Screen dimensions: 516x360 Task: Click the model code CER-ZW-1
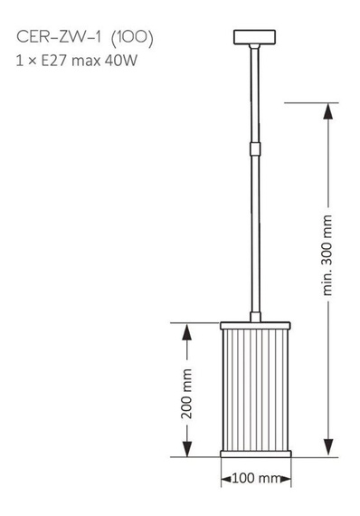(56, 40)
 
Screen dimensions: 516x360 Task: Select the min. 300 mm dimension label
(327, 255)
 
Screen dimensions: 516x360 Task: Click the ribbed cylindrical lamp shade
(254, 389)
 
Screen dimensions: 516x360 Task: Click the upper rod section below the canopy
(254, 91)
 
